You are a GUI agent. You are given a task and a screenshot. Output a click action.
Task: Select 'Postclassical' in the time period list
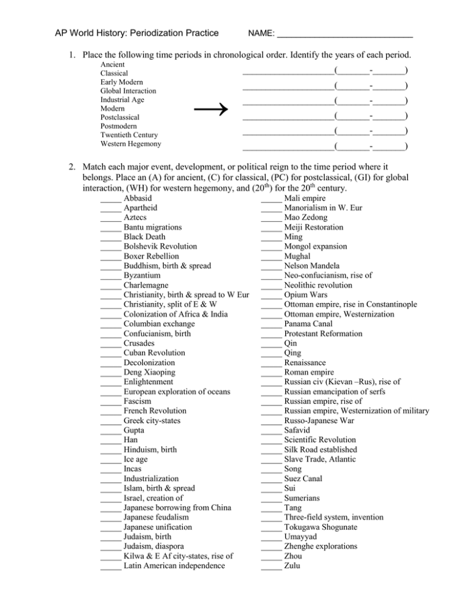119,116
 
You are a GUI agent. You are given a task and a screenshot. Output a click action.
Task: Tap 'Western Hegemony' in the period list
130,144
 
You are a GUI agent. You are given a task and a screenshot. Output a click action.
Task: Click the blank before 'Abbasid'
110,198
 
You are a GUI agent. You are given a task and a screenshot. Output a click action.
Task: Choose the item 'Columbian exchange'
158,324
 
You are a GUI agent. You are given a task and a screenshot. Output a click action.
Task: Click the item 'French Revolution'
155,411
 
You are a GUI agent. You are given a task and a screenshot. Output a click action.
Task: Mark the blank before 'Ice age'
110,460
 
